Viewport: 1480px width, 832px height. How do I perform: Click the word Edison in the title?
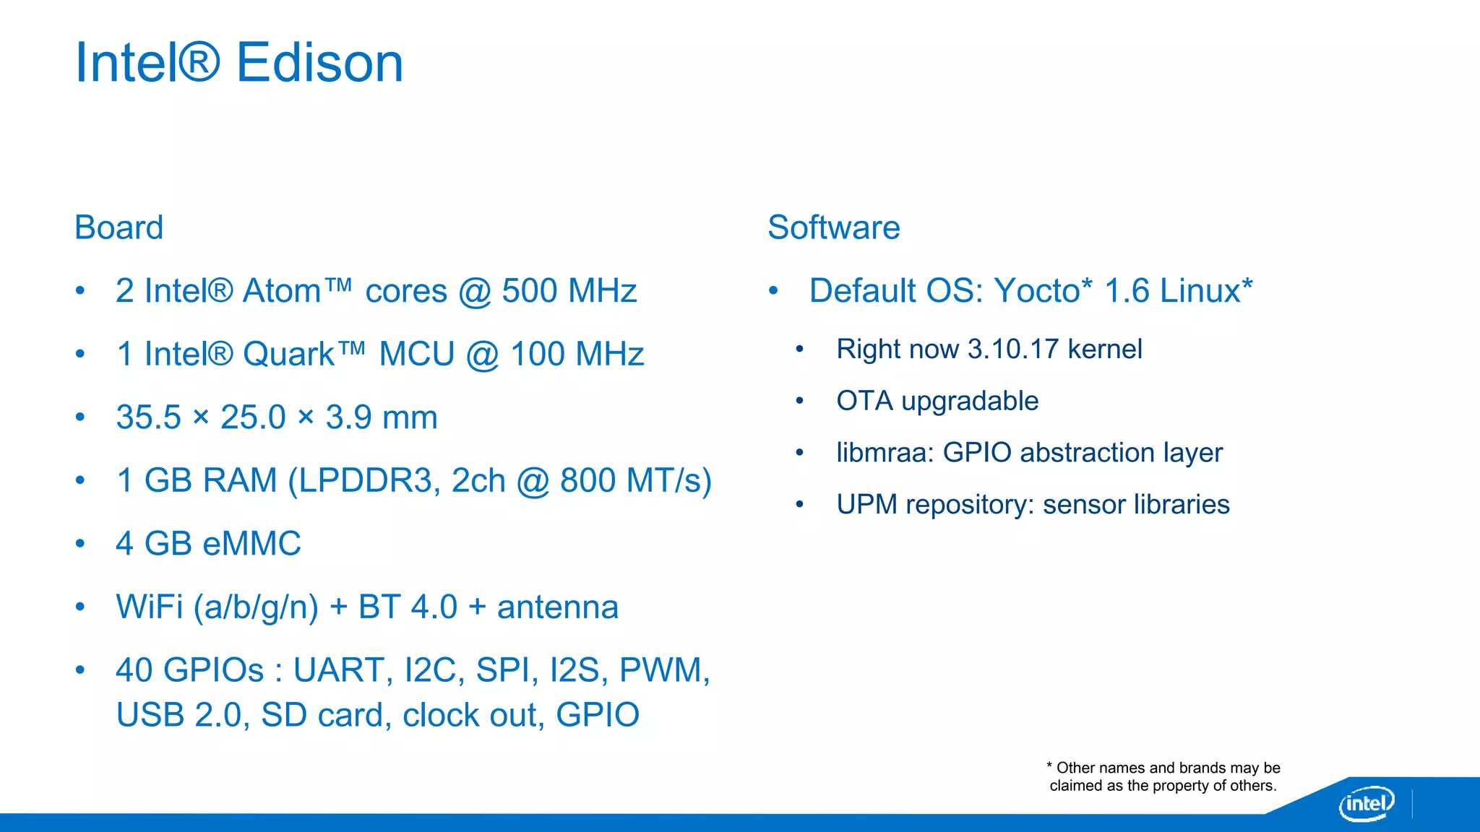[319, 64]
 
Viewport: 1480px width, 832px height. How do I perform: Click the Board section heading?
[119, 228]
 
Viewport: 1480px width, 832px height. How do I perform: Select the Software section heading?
[833, 228]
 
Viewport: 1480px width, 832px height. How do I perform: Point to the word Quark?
[288, 355]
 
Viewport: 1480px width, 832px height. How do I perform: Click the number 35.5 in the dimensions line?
[148, 417]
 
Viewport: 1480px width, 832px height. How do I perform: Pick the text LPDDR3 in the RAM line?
[365, 481]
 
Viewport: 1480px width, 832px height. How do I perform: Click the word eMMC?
[252, 544]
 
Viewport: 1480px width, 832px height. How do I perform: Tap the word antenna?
[557, 607]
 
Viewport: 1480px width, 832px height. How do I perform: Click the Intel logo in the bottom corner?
[1366, 803]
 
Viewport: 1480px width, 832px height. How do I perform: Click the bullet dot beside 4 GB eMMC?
[80, 544]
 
